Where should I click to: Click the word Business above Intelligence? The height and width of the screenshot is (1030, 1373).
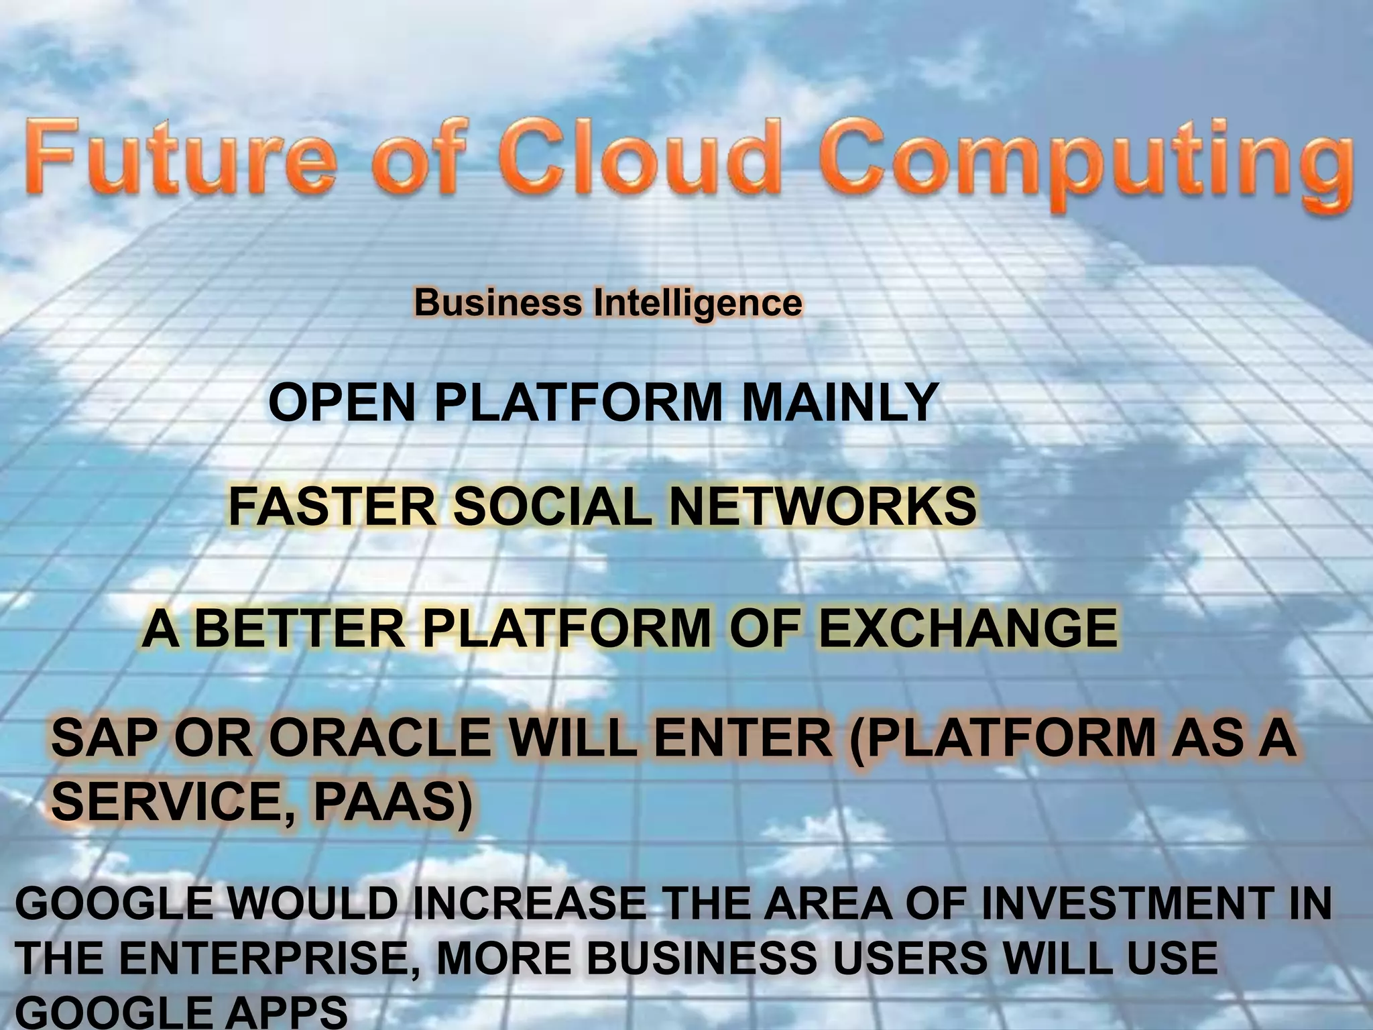[x=497, y=302]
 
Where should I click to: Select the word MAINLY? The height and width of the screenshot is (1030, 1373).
[x=839, y=402]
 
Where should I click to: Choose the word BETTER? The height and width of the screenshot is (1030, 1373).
[x=299, y=628]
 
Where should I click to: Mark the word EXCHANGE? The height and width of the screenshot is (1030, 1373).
[x=968, y=628]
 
